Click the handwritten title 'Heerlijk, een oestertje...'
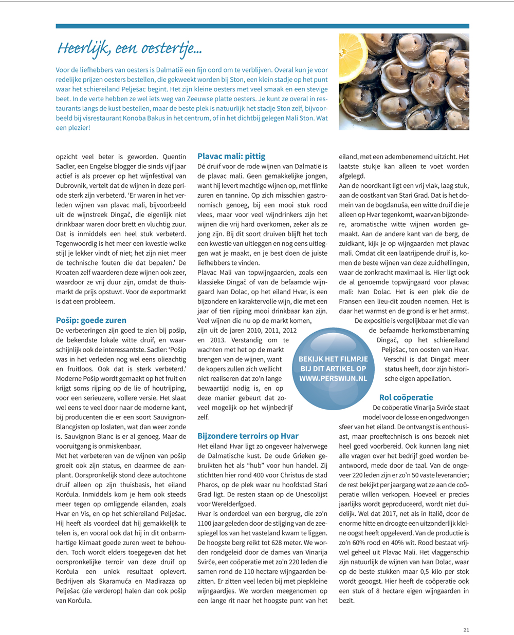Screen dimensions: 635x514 (130, 48)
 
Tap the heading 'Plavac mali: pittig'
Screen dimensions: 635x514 (231, 156)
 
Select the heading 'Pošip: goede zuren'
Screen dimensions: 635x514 (91, 320)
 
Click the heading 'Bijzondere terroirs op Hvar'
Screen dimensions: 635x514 (248, 436)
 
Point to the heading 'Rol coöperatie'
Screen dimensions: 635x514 (406, 397)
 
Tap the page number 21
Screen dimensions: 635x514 (466, 630)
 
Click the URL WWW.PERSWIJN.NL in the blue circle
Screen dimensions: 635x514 (333, 378)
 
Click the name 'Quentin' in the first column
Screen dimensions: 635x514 (174, 157)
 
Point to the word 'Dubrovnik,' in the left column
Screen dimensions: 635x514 (72, 186)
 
